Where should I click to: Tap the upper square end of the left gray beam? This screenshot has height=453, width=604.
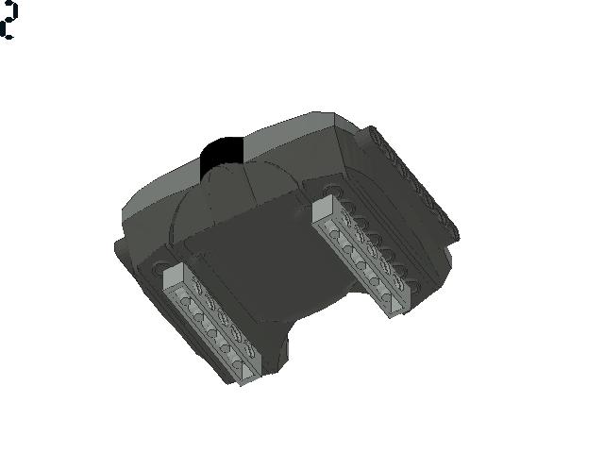[x=174, y=276]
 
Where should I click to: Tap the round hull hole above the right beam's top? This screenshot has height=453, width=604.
[x=330, y=192]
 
